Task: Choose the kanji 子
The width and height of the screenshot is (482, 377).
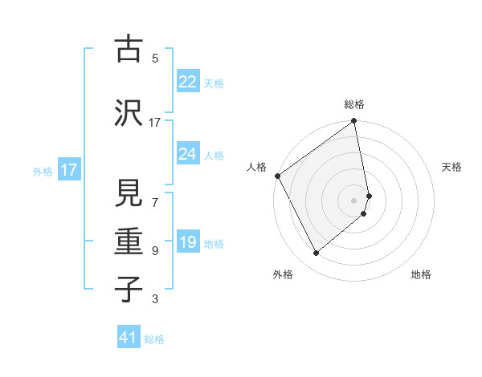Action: click(127, 289)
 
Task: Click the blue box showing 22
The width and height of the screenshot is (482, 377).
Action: click(187, 82)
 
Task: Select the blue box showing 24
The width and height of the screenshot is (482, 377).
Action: click(187, 154)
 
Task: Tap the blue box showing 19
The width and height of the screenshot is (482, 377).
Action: click(187, 243)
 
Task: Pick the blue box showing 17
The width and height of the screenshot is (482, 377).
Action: click(68, 170)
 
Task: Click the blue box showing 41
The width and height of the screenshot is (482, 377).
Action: click(129, 338)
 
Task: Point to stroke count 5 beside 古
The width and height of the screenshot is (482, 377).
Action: click(155, 58)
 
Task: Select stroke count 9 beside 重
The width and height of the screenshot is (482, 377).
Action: click(155, 251)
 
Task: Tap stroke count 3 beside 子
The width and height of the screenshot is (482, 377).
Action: click(155, 299)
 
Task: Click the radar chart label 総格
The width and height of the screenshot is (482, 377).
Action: click(354, 104)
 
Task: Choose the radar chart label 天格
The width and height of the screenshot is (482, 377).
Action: click(452, 167)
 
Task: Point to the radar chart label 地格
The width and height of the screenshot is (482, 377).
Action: click(421, 274)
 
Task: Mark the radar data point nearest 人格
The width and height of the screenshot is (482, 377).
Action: click(277, 176)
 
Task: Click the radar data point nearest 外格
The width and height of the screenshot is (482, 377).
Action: click(316, 253)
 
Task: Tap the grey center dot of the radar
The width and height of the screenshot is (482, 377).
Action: click(354, 200)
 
